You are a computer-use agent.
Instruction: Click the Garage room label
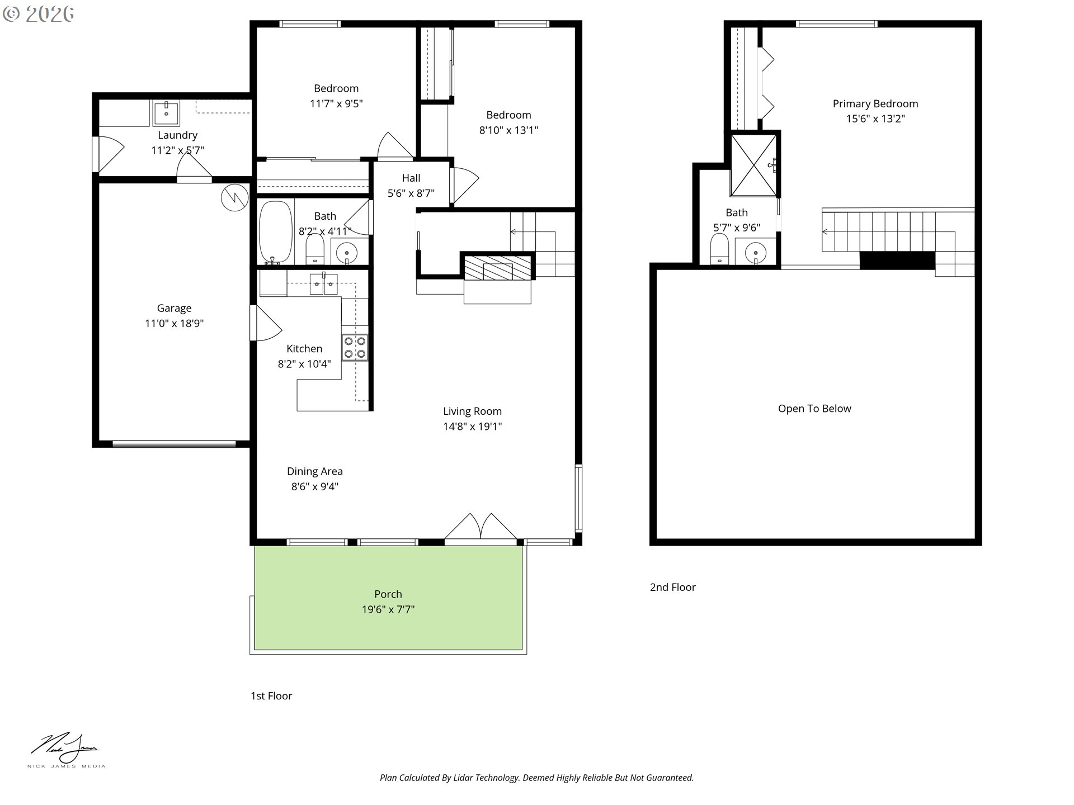174,308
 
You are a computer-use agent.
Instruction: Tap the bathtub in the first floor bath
276,232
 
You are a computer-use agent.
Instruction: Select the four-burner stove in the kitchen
355,347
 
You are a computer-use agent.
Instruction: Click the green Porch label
388,594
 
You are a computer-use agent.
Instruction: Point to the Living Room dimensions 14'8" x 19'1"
473,427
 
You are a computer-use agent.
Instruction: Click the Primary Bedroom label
875,104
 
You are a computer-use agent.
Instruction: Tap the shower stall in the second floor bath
754,165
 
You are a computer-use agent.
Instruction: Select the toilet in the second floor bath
719,248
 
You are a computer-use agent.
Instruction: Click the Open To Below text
814,409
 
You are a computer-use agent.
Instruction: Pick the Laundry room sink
166,113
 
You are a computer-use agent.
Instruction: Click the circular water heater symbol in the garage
235,197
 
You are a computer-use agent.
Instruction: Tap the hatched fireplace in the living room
497,267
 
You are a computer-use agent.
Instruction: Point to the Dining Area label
315,471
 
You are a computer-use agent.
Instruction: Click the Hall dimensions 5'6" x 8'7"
411,193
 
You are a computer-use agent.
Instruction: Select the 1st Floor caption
271,696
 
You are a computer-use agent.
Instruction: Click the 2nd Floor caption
673,588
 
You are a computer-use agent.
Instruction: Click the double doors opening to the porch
481,528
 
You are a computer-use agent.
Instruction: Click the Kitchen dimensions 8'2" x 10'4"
304,364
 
